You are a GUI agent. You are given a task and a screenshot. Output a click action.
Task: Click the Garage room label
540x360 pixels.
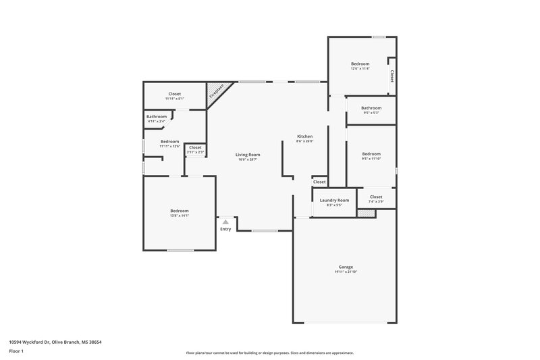click(346, 267)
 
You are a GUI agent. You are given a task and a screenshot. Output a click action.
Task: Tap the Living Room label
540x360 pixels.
click(248, 155)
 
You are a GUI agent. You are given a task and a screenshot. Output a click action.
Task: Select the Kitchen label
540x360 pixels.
click(305, 136)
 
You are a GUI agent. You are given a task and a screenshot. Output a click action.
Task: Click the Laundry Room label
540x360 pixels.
click(334, 200)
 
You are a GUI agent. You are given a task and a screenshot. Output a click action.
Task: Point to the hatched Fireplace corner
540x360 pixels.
click(217, 92)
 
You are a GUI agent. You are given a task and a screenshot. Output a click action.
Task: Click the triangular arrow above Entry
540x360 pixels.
click(225, 222)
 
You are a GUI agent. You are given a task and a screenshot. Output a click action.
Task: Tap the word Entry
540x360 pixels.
click(225, 229)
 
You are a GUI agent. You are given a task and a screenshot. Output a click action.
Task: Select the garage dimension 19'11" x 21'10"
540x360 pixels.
click(346, 272)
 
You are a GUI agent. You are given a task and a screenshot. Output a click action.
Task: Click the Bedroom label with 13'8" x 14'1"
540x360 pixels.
click(180, 211)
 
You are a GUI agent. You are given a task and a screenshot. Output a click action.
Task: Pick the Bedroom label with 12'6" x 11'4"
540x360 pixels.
click(360, 63)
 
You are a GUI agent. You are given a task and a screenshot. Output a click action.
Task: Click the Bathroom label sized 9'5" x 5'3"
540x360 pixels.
click(371, 108)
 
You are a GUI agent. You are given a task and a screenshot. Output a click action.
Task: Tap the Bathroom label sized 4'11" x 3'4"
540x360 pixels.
click(157, 117)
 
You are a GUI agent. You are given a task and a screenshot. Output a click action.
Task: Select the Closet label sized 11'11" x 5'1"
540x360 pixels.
click(175, 94)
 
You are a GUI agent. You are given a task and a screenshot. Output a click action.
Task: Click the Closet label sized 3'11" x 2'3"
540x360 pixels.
click(195, 147)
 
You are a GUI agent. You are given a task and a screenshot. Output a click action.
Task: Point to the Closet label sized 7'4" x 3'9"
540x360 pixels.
click(376, 197)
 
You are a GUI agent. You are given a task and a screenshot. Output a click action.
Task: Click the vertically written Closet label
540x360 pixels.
click(391, 75)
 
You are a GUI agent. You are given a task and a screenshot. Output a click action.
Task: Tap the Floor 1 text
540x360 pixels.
click(17, 352)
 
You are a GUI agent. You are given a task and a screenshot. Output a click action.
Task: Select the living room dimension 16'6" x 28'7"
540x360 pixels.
click(248, 160)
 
